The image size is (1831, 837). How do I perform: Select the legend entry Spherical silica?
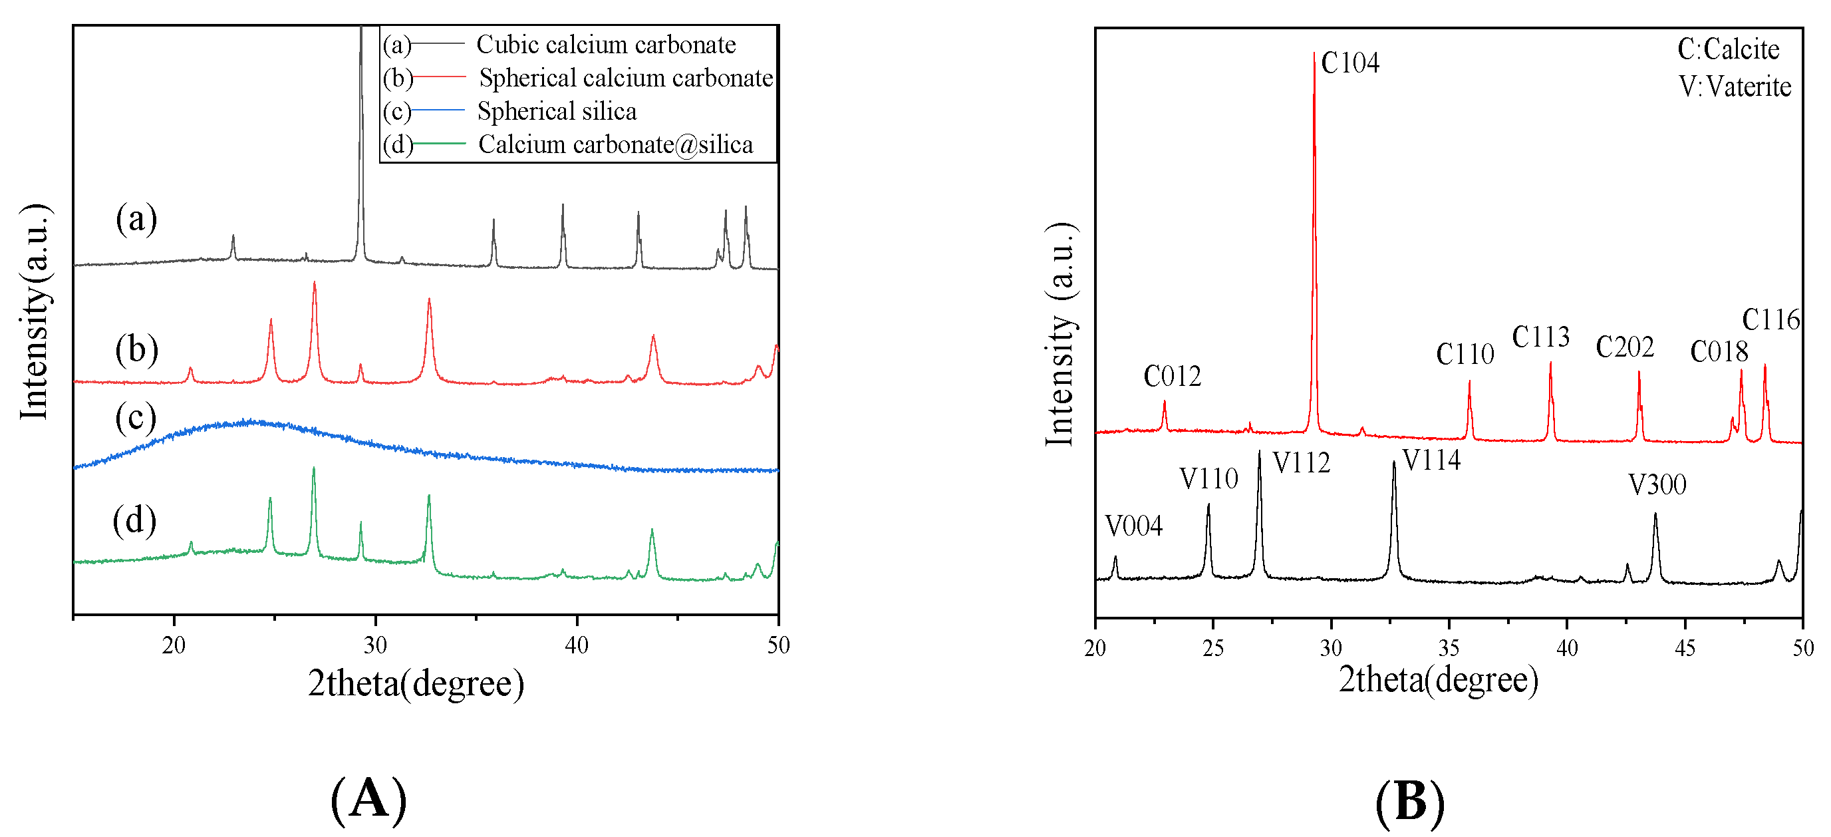(557, 111)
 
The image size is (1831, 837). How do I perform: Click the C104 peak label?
(1349, 63)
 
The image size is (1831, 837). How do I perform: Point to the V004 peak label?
(1134, 526)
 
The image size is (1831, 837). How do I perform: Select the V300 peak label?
(1657, 485)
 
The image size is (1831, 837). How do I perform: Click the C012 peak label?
(1171, 376)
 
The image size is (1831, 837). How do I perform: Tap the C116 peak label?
(1770, 320)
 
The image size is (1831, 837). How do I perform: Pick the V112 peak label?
(1301, 463)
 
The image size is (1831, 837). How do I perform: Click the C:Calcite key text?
(1728, 49)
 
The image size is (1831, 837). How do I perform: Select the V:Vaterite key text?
(1735, 86)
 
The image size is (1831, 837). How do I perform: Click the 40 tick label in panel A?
(577, 645)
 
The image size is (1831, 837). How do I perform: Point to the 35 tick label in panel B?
(1449, 648)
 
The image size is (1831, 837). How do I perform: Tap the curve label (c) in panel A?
(135, 418)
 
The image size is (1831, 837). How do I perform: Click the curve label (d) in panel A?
(134, 520)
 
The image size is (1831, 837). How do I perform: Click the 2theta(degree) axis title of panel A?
(416, 683)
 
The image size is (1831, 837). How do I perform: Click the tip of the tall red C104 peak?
(1314, 53)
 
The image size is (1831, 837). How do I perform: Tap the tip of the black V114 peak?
(1393, 462)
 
